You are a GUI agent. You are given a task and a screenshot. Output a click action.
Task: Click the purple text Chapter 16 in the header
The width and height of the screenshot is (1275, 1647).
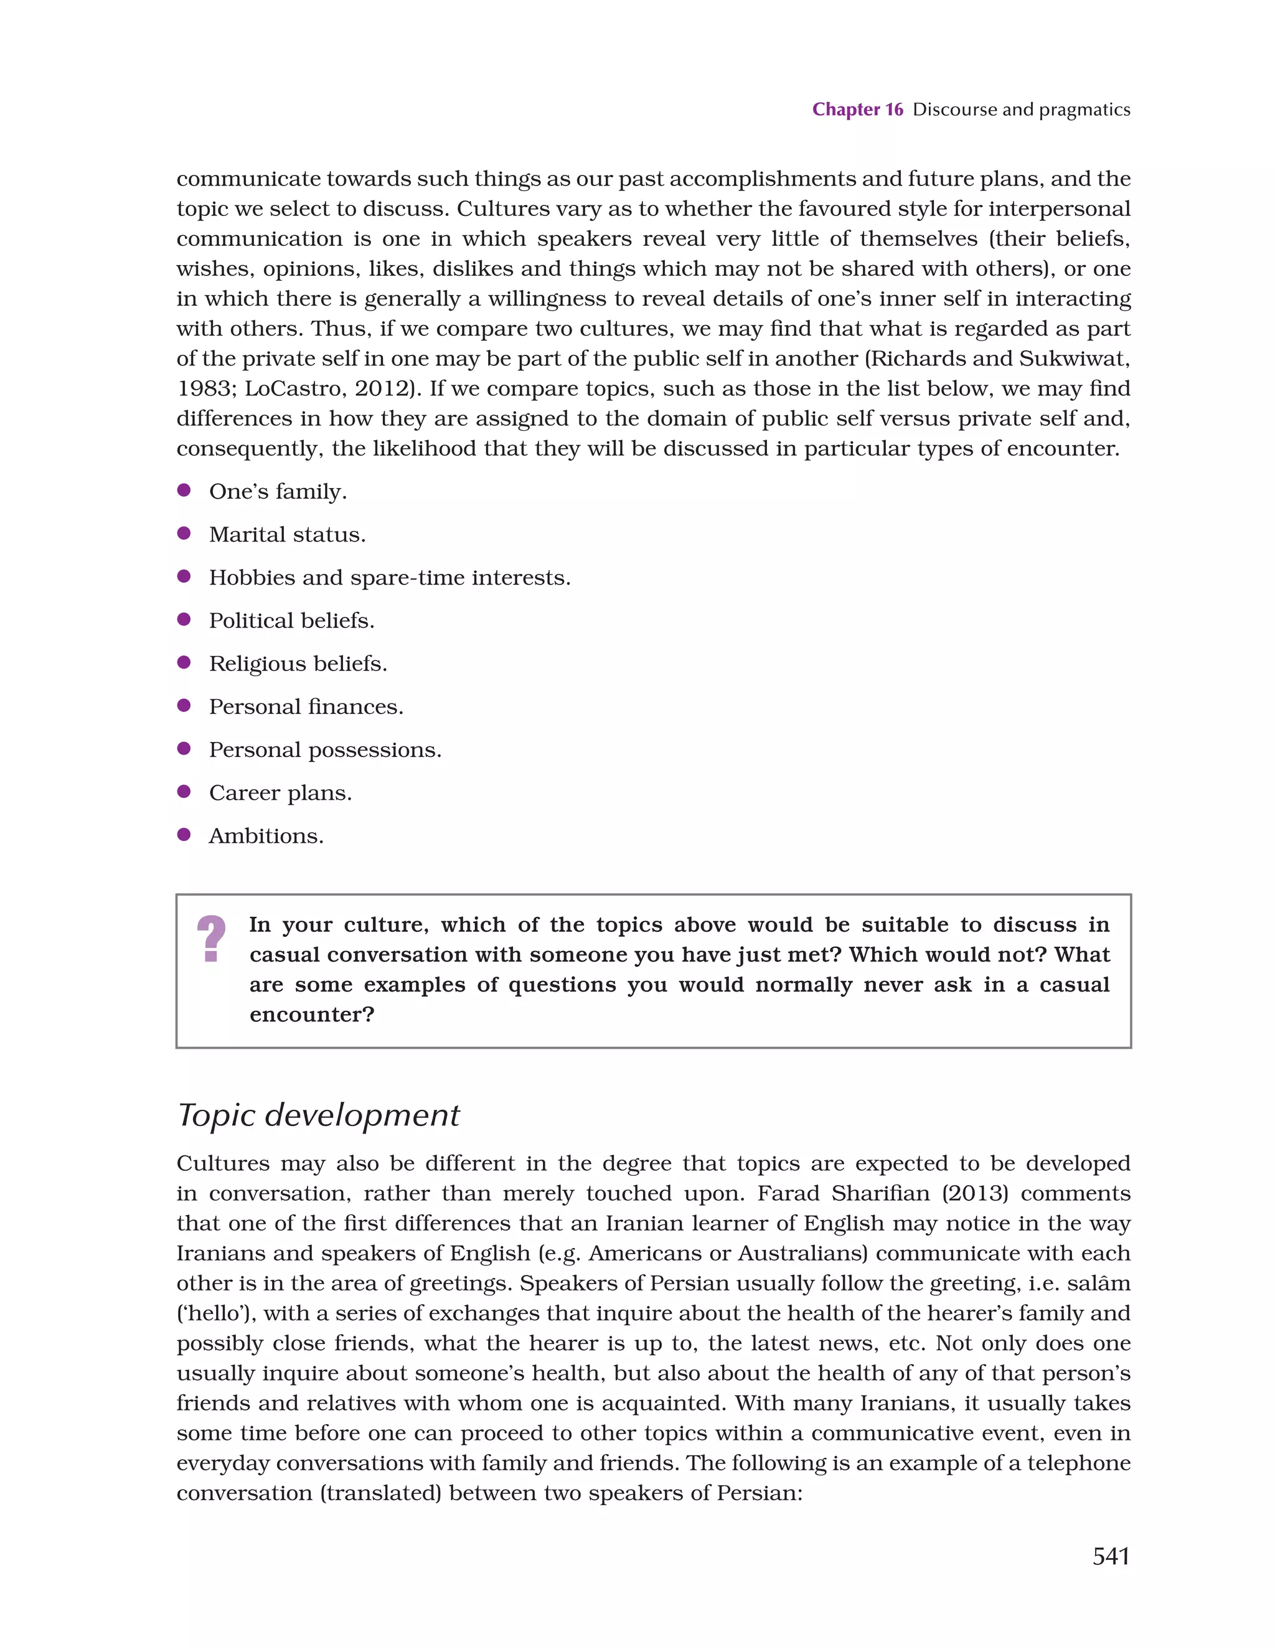[857, 110]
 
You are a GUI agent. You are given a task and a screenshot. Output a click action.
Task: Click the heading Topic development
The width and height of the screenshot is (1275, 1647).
[318, 1115]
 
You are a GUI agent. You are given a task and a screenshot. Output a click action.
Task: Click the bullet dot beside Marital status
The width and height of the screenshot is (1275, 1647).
[183, 534]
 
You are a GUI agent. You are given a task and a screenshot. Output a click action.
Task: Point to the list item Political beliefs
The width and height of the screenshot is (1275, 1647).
[291, 621]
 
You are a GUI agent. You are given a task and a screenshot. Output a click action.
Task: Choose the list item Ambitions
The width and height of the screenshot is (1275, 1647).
[266, 837]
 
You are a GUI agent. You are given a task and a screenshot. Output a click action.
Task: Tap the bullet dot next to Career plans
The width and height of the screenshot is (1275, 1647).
[183, 792]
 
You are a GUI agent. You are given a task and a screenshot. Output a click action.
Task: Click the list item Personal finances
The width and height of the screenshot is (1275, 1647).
[306, 707]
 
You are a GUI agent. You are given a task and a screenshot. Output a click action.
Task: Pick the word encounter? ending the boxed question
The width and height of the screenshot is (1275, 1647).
[311, 1015]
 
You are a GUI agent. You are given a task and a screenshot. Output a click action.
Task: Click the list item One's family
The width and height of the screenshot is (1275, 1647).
[278, 492]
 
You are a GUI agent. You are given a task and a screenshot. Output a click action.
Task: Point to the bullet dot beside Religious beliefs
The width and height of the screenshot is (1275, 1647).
[183, 663]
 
